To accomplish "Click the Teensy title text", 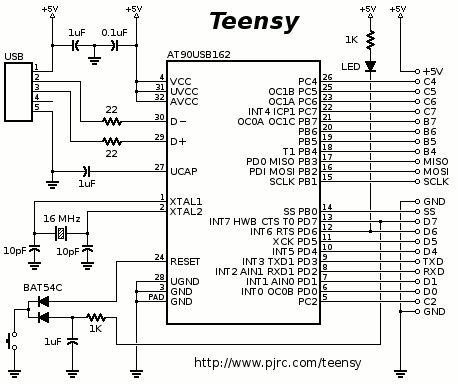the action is (x=254, y=21).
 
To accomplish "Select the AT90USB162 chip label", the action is (x=199, y=54).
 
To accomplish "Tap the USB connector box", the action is (x=18, y=92).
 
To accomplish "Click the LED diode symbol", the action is (x=370, y=66).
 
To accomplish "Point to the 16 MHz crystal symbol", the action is (x=61, y=233).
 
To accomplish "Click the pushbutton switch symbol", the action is (x=12, y=341).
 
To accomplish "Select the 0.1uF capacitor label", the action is (x=114, y=33).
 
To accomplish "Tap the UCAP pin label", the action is (x=184, y=171).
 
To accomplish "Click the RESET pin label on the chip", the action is (x=185, y=261).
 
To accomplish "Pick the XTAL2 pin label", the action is (x=186, y=211).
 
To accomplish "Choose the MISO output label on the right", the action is (x=436, y=161).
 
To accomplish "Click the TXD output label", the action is (x=433, y=261).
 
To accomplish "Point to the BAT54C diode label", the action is (x=43, y=287).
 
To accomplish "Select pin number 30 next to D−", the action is (x=160, y=117).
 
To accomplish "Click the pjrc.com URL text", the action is (x=277, y=362).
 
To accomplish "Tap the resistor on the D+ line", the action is (x=112, y=142).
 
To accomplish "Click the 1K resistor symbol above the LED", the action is (x=370, y=40).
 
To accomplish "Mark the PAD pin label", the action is (x=156, y=297).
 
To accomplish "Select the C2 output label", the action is (x=430, y=301).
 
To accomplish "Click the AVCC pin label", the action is (x=184, y=101).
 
